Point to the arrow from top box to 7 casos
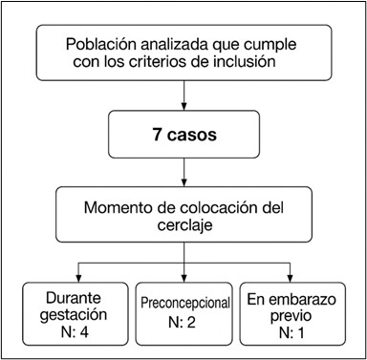click(183, 96)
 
